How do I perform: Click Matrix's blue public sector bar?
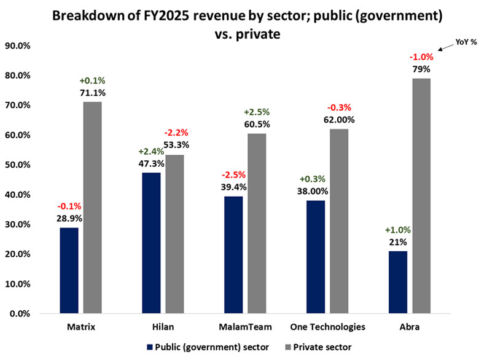pyautogui.click(x=69, y=270)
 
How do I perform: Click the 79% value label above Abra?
pyautogui.click(x=421, y=69)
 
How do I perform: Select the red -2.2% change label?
pyautogui.click(x=176, y=133)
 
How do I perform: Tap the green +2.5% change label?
pyautogui.click(x=257, y=112)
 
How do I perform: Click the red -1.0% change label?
pyautogui.click(x=421, y=57)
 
